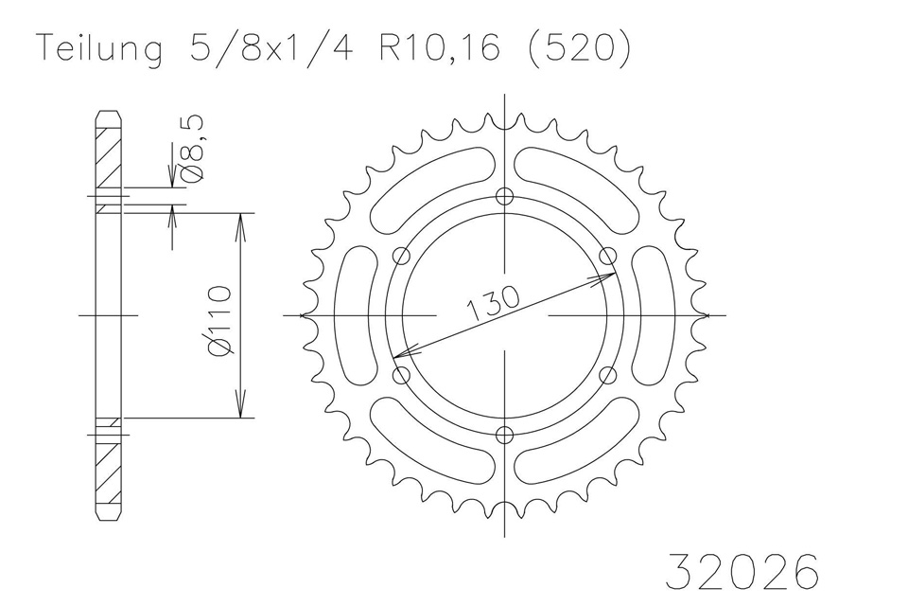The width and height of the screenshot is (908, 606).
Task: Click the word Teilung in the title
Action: tap(99, 48)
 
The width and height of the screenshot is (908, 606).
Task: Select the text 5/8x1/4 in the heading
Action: tap(271, 46)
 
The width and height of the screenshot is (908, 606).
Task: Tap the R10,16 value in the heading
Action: tap(440, 47)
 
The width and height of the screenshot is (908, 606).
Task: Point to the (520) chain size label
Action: tap(580, 46)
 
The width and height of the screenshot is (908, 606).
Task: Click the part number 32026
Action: tap(743, 571)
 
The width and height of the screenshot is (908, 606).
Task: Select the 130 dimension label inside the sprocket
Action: tap(493, 302)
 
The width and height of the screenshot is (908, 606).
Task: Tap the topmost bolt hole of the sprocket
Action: tap(505, 197)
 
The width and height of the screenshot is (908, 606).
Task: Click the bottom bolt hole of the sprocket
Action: tap(505, 435)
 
